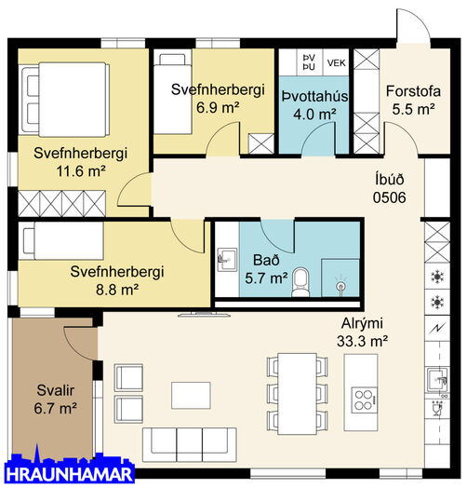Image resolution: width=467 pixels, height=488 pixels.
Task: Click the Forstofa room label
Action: tap(413, 91)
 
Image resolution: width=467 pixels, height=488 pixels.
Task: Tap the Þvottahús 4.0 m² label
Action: tap(314, 105)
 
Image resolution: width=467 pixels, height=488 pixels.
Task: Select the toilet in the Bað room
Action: tap(301, 282)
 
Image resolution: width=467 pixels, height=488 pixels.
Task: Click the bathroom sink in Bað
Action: tap(227, 260)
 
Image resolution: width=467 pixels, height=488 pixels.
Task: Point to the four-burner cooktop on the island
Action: tap(364, 400)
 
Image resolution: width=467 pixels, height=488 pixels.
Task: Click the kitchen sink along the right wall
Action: tap(437, 379)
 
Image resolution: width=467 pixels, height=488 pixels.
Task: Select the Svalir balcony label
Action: tap(55, 400)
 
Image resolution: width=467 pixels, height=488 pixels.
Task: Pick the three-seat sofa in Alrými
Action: tap(190, 445)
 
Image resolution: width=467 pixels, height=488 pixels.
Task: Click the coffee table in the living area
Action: tap(191, 396)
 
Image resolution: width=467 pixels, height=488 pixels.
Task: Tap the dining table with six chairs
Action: tap(298, 394)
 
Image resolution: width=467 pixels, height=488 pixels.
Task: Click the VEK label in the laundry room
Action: tap(336, 63)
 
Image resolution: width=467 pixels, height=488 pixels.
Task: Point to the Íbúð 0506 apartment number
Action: tap(389, 189)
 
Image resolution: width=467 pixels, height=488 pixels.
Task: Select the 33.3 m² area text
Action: tap(362, 342)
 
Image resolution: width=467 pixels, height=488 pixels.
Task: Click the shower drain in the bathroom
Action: tap(340, 285)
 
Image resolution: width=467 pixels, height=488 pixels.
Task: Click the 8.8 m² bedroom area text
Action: tap(117, 290)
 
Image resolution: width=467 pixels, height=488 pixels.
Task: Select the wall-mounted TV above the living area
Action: tap(205, 315)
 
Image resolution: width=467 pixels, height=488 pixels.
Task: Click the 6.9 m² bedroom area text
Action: tap(218, 108)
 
